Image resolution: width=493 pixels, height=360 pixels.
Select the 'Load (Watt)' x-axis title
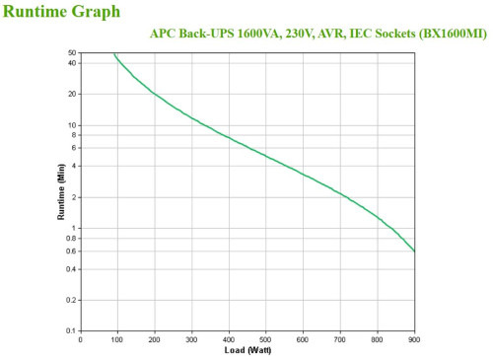point(247,350)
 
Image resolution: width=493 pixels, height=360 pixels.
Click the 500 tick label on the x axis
point(266,339)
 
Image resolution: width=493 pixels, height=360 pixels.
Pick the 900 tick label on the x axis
point(415,339)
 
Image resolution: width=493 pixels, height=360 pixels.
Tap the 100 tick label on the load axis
point(117,339)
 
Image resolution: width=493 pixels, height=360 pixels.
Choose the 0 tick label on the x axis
point(81,339)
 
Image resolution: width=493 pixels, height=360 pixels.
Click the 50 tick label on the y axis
point(72,52)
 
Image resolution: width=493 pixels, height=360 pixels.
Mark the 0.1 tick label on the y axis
point(70,330)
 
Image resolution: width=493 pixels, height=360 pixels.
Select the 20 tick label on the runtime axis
point(72,94)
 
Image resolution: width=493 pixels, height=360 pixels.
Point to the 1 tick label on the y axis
point(74,228)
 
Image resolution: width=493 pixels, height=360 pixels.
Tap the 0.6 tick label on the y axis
point(70,251)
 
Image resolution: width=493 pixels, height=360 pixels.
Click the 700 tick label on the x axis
point(340,339)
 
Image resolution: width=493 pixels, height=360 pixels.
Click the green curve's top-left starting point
point(113,53)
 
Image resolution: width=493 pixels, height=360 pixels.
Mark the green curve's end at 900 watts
point(414,251)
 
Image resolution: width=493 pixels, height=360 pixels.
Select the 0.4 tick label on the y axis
point(70,269)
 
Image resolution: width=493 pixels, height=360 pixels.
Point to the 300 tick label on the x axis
point(192,339)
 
